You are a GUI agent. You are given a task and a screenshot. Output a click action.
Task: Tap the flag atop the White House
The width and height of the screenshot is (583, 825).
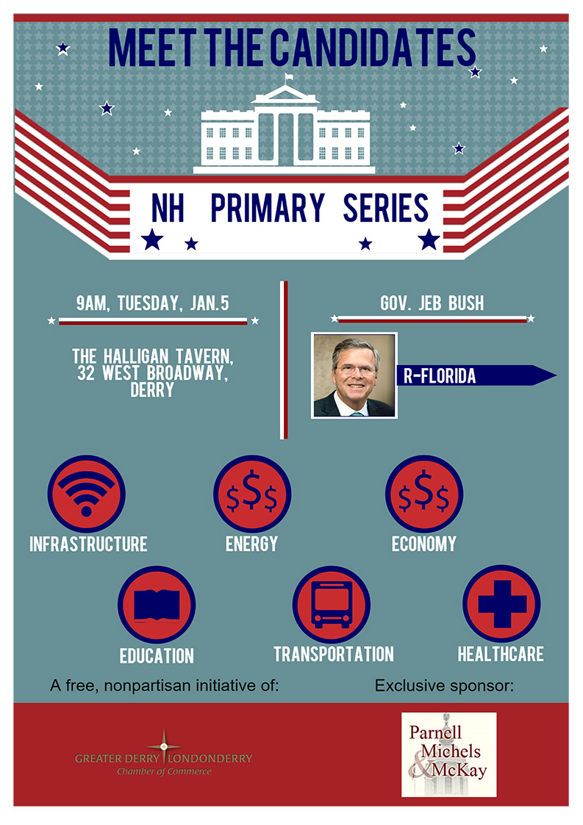[x=288, y=78]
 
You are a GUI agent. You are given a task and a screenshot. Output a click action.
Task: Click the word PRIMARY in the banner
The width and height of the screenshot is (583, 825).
[x=268, y=207]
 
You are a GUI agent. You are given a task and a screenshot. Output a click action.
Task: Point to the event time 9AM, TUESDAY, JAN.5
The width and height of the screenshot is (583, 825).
[x=153, y=303]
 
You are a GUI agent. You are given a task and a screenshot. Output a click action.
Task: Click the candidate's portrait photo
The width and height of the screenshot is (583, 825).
[x=354, y=375]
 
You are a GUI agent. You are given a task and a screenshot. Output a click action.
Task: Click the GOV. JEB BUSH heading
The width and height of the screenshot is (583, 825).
[x=432, y=303]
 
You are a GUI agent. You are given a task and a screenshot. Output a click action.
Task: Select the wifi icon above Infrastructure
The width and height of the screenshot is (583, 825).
[x=86, y=494]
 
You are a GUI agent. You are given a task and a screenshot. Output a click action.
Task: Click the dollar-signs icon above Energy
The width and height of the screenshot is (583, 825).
[x=251, y=494]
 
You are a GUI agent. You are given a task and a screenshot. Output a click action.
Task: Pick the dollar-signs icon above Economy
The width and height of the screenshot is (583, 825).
[x=424, y=494]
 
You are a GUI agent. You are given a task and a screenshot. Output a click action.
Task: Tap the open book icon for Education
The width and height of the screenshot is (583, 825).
[x=157, y=605]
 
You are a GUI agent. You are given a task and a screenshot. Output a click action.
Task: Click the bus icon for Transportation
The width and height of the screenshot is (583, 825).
[x=332, y=605]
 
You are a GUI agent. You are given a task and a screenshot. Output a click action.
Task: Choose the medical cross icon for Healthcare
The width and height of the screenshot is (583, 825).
[x=501, y=604]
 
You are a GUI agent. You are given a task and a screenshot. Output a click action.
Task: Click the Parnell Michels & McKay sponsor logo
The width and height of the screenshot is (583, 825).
[x=448, y=754]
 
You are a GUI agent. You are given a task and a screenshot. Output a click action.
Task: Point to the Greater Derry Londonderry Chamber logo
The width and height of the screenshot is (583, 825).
[x=163, y=754]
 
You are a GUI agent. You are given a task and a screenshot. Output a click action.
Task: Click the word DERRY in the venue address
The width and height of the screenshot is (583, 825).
[x=152, y=390]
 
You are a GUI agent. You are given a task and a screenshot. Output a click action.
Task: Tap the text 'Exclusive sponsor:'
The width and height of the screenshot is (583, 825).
[x=444, y=685]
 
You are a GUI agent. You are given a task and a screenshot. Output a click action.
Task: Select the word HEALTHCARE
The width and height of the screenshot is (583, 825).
[x=501, y=654]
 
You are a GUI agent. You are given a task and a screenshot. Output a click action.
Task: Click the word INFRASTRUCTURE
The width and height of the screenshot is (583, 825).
[x=88, y=544]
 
